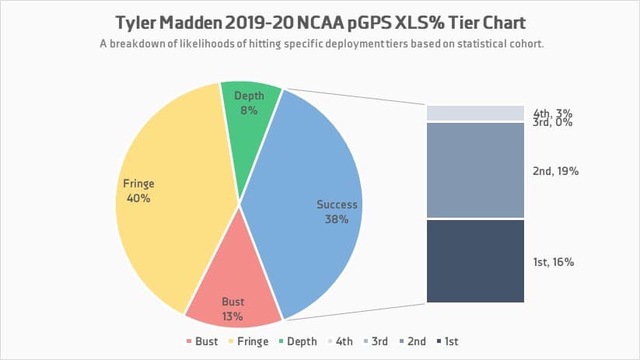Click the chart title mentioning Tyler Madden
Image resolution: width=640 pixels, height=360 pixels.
point(320,21)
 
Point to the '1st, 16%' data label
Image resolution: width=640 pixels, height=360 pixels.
point(554,263)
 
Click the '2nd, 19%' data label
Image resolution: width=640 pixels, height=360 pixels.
point(555,171)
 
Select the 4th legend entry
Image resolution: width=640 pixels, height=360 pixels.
point(340,341)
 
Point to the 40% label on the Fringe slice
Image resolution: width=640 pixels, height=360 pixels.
point(138,198)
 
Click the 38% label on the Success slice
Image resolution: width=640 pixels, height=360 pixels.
point(337,219)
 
